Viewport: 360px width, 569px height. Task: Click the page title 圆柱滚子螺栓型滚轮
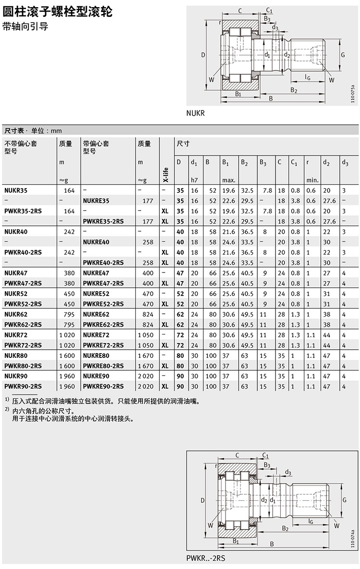58,12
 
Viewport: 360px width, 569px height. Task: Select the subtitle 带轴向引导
25,27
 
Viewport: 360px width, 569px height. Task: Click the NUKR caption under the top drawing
195,114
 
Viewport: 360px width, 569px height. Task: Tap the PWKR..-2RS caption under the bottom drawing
206,558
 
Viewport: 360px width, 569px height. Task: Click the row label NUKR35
16,190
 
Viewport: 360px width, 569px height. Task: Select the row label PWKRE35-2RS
103,221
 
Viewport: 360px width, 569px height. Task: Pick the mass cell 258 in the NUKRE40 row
148,242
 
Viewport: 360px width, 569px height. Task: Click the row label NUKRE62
96,314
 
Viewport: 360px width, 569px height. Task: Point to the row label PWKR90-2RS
23,386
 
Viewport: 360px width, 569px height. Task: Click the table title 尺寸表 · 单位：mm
33,130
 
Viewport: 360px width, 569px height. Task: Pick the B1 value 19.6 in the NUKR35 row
228,190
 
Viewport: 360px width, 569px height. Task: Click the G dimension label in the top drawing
343,55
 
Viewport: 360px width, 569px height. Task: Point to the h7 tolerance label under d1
194,180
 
